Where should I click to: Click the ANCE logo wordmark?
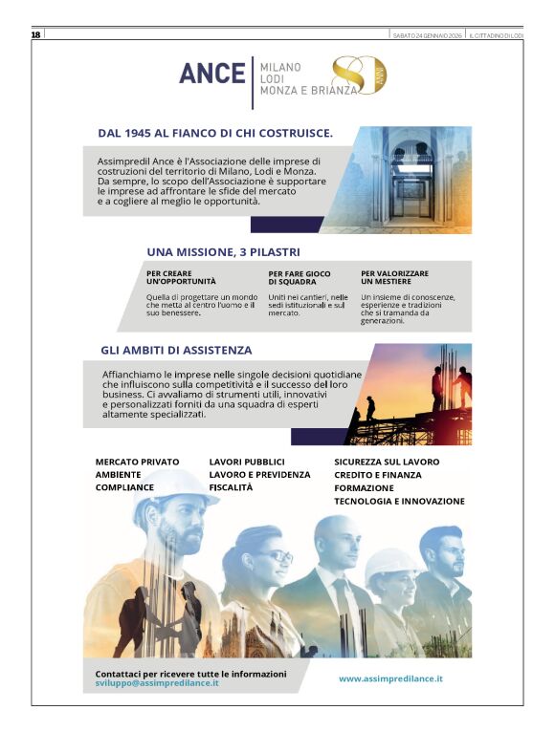click(x=211, y=74)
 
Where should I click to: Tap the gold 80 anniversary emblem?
click(x=354, y=75)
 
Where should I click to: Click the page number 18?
click(x=35, y=35)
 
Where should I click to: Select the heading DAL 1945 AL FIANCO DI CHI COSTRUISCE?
click(x=215, y=133)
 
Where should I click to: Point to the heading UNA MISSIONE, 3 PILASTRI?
click(x=224, y=252)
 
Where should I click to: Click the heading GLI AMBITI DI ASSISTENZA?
click(x=176, y=350)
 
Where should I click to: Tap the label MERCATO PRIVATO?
click(x=137, y=462)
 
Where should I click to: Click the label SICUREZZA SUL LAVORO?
click(x=387, y=462)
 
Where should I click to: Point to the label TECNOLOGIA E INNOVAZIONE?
click(x=399, y=501)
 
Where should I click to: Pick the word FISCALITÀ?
click(x=231, y=487)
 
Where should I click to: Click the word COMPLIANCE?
click(x=124, y=487)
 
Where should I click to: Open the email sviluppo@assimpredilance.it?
click(x=157, y=684)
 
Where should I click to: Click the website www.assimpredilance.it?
click(x=390, y=678)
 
